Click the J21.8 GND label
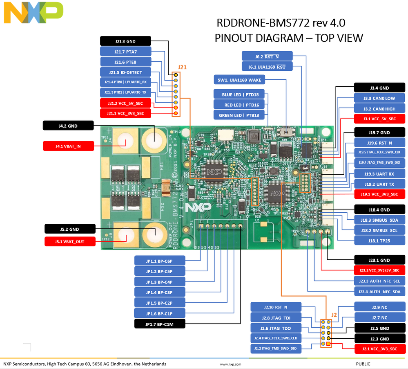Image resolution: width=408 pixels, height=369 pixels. pos(125,41)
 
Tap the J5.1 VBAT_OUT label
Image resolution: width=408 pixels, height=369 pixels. pos(69,241)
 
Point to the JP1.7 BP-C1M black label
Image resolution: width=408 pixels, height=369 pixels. pos(160,324)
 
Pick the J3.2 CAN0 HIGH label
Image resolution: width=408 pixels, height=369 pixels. pos(379,109)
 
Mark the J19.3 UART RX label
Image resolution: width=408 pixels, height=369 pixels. pos(379,173)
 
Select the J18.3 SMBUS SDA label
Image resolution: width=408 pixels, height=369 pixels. pos(379,220)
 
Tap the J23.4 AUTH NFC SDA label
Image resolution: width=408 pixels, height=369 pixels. pos(379,292)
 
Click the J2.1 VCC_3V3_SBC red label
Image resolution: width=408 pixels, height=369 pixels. pos(379,349)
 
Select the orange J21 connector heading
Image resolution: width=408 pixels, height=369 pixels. pos(182,67)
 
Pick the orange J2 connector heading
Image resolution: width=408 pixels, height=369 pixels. pos(334,315)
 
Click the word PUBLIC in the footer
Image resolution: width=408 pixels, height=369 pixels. pos(363,364)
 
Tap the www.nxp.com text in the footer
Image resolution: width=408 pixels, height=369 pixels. pos(230,364)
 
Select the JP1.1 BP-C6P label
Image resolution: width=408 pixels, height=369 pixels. pos(160,261)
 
